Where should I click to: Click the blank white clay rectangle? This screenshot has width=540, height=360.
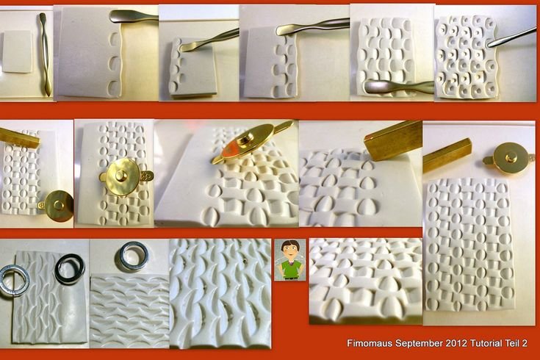pos(17,51)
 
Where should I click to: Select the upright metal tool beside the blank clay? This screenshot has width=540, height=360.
pos(45,54)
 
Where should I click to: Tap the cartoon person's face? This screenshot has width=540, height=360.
pos(290,251)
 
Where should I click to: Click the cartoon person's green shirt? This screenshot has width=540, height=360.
pos(290,270)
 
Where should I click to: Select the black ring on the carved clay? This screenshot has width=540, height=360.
pos(70,269)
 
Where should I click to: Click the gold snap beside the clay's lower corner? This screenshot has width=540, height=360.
pos(57,206)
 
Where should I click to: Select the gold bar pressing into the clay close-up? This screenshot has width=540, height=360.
pos(393,140)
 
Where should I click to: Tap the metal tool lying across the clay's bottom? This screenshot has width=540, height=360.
pos(396,87)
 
